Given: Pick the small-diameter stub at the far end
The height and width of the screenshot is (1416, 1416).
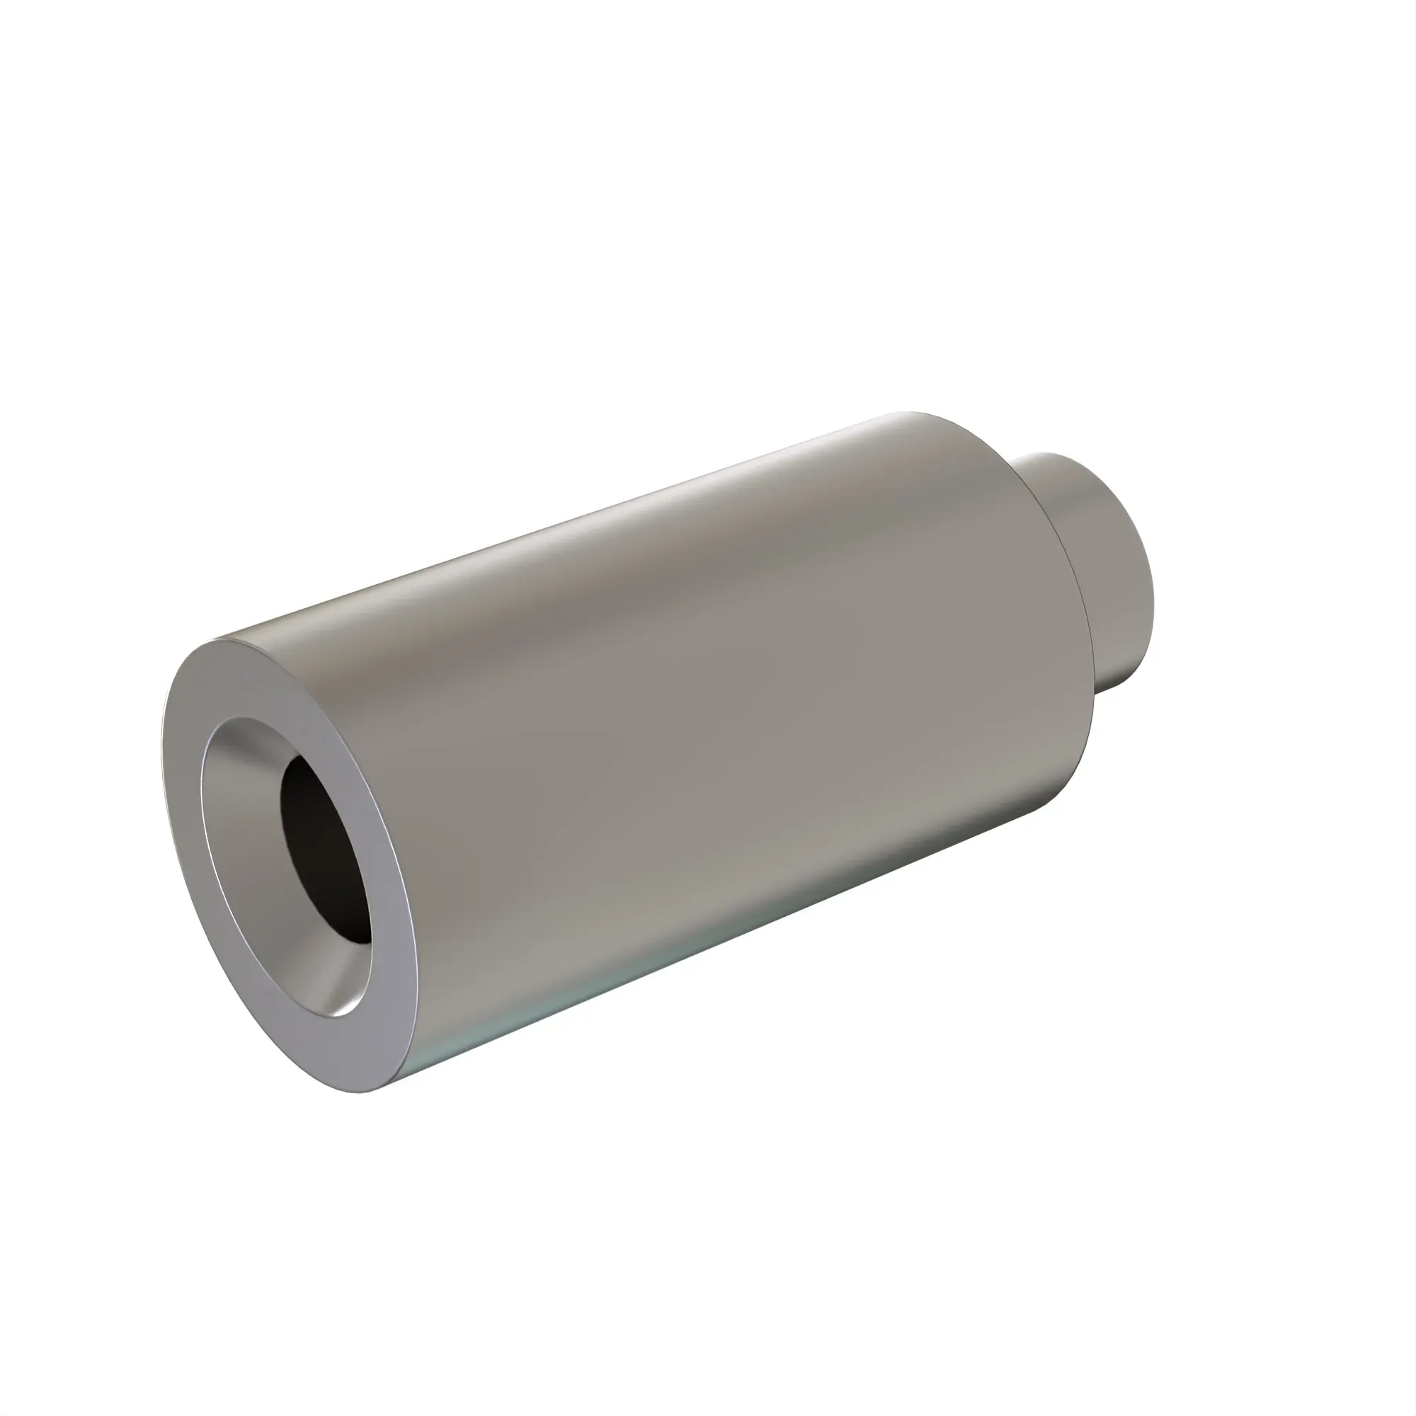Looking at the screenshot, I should (x=1100, y=557).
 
